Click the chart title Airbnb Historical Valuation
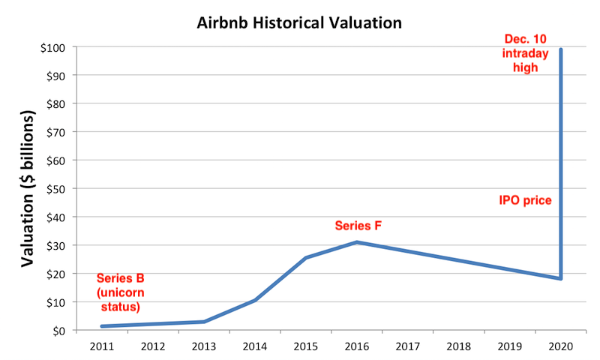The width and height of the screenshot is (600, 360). (x=299, y=22)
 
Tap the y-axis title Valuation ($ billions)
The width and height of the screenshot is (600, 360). (x=28, y=188)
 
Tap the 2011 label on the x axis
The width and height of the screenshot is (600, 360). (x=102, y=346)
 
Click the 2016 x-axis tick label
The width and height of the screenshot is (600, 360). (x=358, y=346)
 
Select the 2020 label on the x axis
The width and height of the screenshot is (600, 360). (x=562, y=346)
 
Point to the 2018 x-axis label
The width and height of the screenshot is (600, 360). (x=460, y=346)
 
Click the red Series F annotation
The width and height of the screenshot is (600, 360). (x=358, y=225)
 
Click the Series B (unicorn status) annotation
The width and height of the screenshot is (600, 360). (x=120, y=292)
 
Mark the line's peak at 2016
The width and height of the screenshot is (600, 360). (x=358, y=242)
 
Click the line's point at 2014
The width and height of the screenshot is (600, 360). (x=256, y=300)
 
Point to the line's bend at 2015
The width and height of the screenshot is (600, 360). (x=307, y=258)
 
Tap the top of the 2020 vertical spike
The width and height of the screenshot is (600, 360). (x=562, y=49)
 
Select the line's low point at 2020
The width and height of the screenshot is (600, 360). (x=561, y=279)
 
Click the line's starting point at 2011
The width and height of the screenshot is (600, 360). (x=102, y=326)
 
